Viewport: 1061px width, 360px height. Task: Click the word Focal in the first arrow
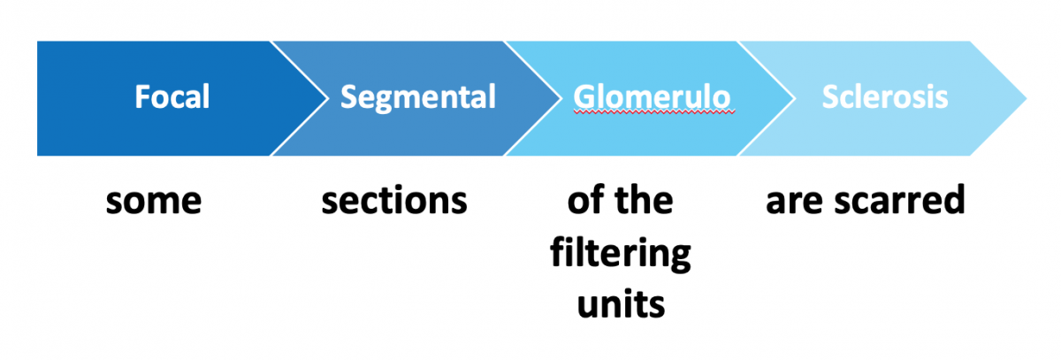click(172, 96)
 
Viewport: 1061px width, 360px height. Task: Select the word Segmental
click(418, 96)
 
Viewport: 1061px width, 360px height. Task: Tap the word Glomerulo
click(653, 96)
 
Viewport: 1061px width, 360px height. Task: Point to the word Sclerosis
click(885, 96)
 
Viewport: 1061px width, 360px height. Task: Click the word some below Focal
click(154, 203)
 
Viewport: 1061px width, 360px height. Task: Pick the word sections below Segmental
click(394, 203)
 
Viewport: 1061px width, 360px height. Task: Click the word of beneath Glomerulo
click(585, 202)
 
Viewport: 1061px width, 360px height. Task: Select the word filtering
click(621, 255)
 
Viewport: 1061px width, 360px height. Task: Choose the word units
click(621, 305)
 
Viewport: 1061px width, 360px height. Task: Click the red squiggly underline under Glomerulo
click(653, 113)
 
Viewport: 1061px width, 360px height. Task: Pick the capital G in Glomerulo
click(582, 96)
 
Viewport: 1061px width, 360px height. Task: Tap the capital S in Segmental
click(348, 96)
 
